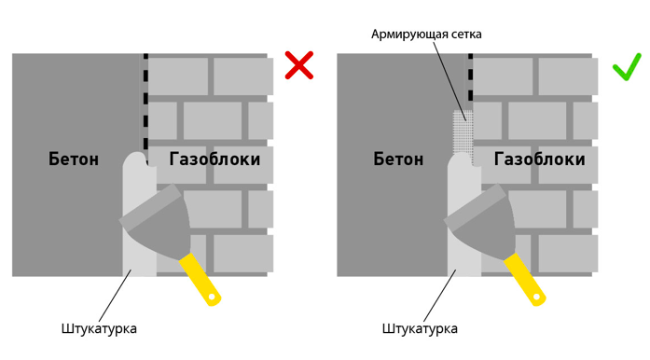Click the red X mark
[298, 65]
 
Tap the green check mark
[626, 67]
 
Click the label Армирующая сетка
[426, 35]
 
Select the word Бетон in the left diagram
[74, 159]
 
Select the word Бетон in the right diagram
[398, 159]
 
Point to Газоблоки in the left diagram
[214, 159]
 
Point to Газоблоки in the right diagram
[540, 159]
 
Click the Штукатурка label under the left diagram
[99, 328]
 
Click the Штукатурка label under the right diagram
[420, 328]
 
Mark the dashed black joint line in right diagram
[470, 84]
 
